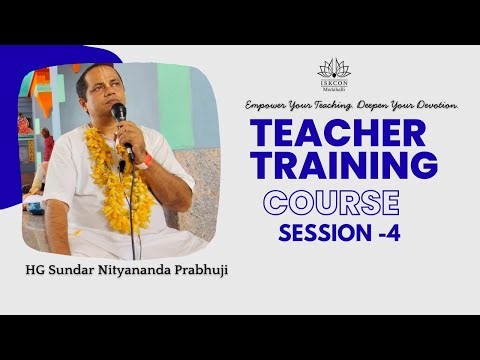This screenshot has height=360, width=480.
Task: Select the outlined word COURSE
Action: click(331, 202)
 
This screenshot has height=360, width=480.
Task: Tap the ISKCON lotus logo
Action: click(331, 68)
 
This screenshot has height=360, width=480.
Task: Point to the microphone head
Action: click(119, 112)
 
